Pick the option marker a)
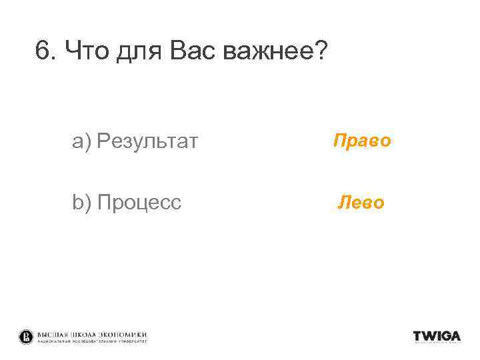pyautogui.click(x=82, y=141)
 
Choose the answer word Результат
pyautogui.click(x=147, y=142)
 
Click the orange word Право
pyautogui.click(x=361, y=141)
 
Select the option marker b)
pyautogui.click(x=82, y=202)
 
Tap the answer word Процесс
pyautogui.click(x=139, y=203)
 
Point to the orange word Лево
pyautogui.click(x=361, y=202)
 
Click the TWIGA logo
pyautogui.click(x=437, y=336)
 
